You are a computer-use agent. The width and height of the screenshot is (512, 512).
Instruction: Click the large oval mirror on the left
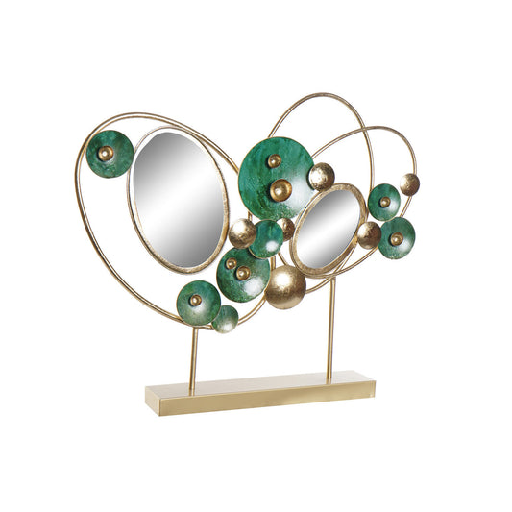point(178,199)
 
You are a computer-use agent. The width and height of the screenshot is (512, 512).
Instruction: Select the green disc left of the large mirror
point(109,154)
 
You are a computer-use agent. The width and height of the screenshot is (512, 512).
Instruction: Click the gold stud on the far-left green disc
point(106,153)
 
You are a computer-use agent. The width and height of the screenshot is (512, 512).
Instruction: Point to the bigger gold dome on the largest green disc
point(280,189)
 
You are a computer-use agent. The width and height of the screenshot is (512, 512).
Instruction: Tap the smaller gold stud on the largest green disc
point(274,160)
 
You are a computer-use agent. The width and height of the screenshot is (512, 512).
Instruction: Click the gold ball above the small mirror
point(321,176)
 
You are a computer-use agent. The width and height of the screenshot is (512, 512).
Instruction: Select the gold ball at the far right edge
point(409,184)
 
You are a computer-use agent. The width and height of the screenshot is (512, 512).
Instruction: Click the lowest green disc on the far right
point(396,238)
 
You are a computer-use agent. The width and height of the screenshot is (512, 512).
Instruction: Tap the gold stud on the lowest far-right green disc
point(396,238)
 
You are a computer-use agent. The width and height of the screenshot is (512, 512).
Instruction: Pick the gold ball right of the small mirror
point(369,234)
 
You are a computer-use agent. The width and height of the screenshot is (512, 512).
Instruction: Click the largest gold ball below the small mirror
point(285,286)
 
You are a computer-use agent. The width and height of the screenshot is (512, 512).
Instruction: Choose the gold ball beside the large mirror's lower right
point(241,232)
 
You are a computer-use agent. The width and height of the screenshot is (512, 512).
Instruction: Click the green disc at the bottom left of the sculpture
point(197,302)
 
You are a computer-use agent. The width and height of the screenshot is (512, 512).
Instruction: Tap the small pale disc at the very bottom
point(226,319)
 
